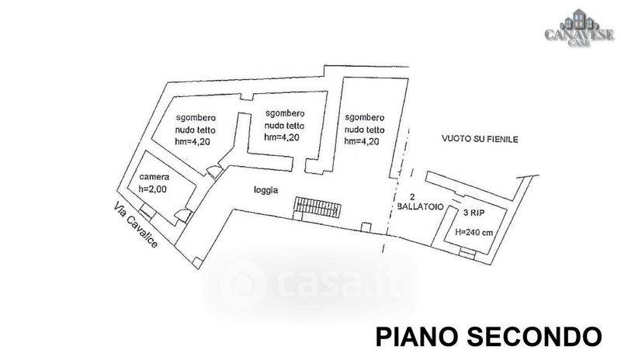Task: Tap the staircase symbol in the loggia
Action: point(317,207)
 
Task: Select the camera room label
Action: point(154,178)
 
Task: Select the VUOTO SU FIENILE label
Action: point(480,139)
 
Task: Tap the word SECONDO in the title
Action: point(533,337)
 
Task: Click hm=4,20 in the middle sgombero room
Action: point(282,137)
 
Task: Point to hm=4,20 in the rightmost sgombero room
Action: point(363,141)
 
